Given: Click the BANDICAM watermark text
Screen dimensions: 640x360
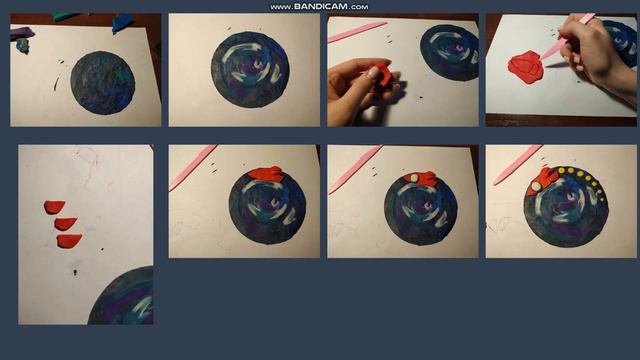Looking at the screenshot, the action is [x=319, y=7].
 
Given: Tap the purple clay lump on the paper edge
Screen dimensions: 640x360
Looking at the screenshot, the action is [x=22, y=33].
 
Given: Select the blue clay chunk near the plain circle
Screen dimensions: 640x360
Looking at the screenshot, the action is [x=122, y=23].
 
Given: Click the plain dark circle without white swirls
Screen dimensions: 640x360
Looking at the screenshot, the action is [x=102, y=82].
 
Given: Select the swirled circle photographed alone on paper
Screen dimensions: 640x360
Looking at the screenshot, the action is [x=250, y=69].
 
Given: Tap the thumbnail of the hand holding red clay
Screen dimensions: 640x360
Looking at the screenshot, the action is [x=403, y=70].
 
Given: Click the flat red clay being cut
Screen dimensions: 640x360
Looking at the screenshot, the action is [x=526, y=67].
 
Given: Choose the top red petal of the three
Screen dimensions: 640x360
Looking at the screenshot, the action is [x=54, y=207].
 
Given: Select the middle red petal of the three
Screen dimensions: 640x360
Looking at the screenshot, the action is [x=65, y=224].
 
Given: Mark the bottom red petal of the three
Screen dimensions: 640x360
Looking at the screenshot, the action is [x=69, y=241].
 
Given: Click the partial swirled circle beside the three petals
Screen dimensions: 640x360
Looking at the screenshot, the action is [x=121, y=296].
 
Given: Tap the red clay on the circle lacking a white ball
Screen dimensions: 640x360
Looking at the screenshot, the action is [x=265, y=174].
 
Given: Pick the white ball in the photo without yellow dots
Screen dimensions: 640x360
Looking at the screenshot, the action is [x=414, y=178].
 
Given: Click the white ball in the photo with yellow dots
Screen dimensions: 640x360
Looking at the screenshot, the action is [x=536, y=186].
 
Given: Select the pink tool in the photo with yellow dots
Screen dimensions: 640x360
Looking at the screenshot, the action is [x=518, y=165].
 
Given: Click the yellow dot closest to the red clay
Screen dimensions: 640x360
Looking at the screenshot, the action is [x=561, y=170].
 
